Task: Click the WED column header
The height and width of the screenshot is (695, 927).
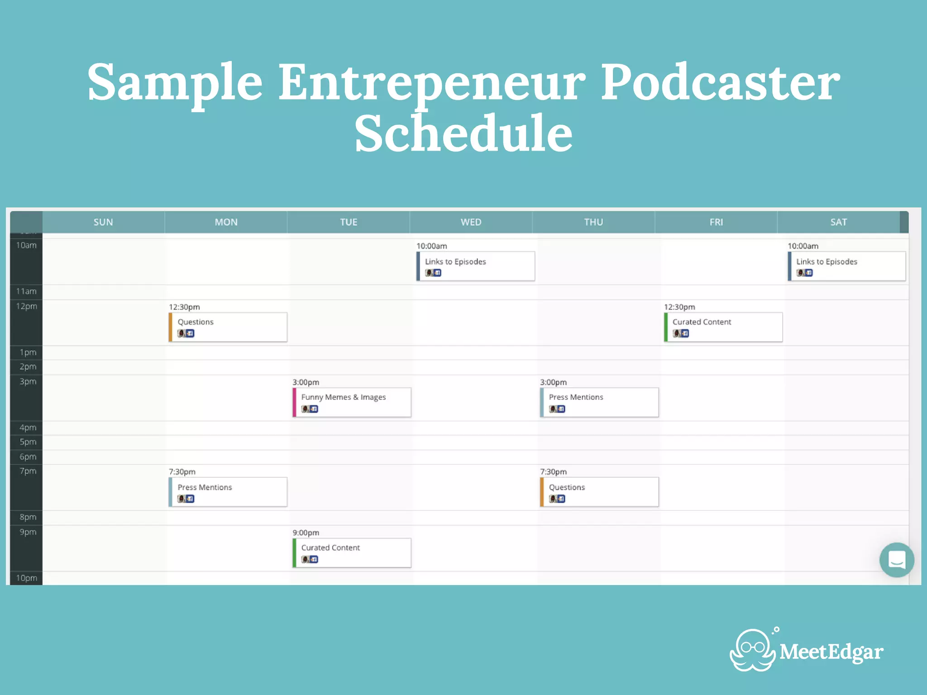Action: pos(471,222)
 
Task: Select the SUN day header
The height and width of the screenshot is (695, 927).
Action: pos(103,222)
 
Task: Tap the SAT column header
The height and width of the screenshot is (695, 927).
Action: pos(838,222)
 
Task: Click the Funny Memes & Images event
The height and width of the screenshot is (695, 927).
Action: pos(352,402)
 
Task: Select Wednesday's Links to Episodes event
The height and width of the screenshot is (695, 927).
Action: pos(475,266)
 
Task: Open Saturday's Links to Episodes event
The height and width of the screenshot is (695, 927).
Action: pos(846,266)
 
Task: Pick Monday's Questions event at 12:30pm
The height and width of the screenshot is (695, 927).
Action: pos(228,327)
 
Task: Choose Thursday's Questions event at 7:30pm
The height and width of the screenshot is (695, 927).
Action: pos(599,492)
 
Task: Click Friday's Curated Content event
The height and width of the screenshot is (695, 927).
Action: pos(723,327)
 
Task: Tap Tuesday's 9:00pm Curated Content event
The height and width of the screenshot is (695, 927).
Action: pos(352,552)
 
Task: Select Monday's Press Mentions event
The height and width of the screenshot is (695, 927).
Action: pos(228,492)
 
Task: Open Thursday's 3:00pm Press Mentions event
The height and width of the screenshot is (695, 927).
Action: pos(599,402)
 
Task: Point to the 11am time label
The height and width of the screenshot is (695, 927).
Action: pos(26,291)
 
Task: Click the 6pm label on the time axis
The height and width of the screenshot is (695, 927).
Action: pos(28,457)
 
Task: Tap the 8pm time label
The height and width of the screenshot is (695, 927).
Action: pos(28,517)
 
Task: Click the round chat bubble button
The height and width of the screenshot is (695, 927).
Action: pos(896,560)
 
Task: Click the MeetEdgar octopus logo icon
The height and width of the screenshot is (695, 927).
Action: pos(753,651)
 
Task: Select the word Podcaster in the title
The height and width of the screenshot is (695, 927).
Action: pos(720,82)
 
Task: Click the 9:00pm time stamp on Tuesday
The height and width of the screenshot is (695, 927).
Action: pos(306,533)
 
